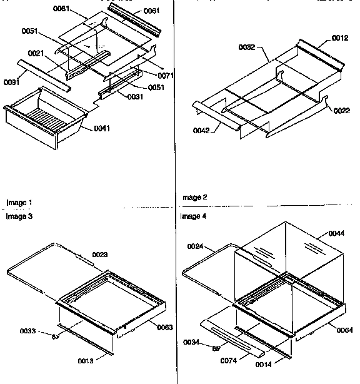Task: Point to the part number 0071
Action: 166,75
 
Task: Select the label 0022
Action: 341,111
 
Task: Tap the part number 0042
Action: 202,129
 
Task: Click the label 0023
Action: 100,255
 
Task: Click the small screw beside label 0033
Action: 56,336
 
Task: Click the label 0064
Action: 344,330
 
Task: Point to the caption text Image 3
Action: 19,216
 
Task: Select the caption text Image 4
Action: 193,216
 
